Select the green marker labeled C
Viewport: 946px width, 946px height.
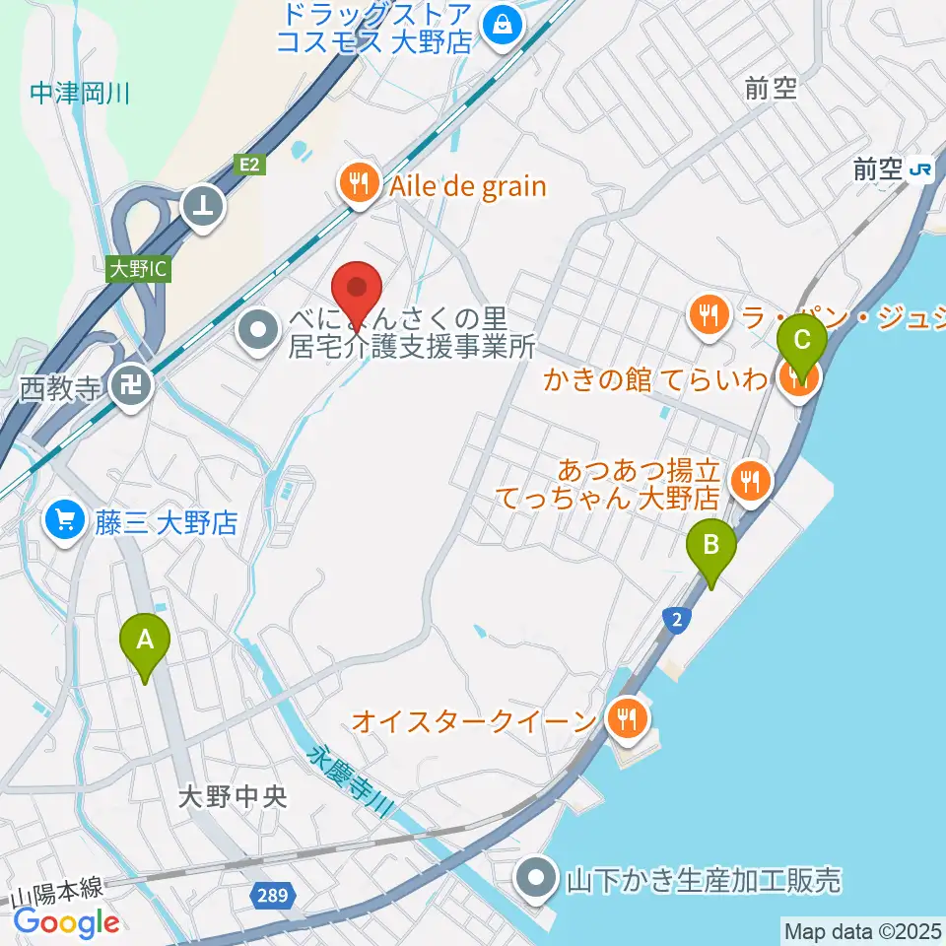[x=801, y=345]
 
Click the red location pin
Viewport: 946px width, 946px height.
[x=357, y=291]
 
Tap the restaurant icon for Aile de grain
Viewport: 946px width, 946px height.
[x=357, y=184]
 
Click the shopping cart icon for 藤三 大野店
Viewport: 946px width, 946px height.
[x=66, y=519]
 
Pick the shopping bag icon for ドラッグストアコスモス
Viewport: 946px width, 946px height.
[x=502, y=23]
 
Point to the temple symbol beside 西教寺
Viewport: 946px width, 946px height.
[x=129, y=385]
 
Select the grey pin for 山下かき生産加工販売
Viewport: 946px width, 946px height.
[x=538, y=878]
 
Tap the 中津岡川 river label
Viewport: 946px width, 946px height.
[x=80, y=95]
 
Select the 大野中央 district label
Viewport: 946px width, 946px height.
[x=234, y=796]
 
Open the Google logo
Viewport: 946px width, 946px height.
[x=66, y=922]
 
